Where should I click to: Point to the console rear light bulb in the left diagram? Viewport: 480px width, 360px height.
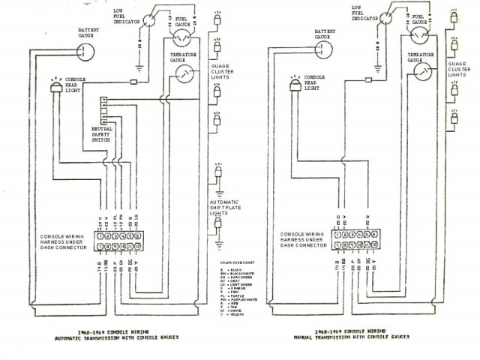(55, 88)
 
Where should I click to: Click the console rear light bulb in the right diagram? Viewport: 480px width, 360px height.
(294, 88)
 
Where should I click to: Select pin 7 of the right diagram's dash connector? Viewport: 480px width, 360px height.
(340, 244)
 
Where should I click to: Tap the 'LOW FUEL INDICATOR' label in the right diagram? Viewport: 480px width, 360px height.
(364, 12)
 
